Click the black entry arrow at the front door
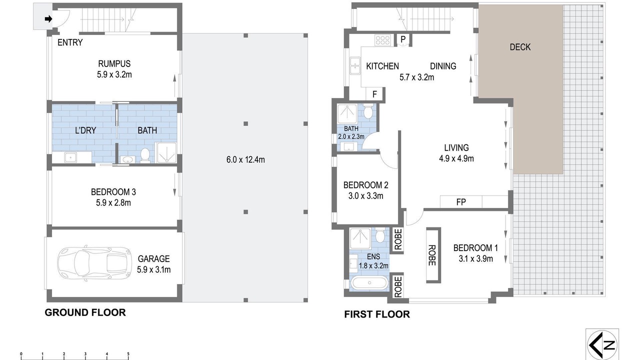point(48,19)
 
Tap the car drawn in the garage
point(94,263)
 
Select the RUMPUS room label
point(114,63)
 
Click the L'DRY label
point(85,130)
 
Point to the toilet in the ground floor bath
point(145,155)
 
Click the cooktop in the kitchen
point(382,40)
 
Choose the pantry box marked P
point(403,39)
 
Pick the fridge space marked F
point(374,94)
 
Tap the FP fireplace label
point(461,202)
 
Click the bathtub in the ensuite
point(369,283)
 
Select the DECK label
point(520,47)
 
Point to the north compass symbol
point(602,345)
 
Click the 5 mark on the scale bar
point(128,354)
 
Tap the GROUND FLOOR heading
point(85,312)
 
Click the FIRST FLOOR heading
point(377,314)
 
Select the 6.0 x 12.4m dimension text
point(245,159)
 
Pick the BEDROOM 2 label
point(365,185)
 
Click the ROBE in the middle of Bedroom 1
point(433,255)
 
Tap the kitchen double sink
point(355,65)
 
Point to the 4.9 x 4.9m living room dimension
point(456,158)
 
